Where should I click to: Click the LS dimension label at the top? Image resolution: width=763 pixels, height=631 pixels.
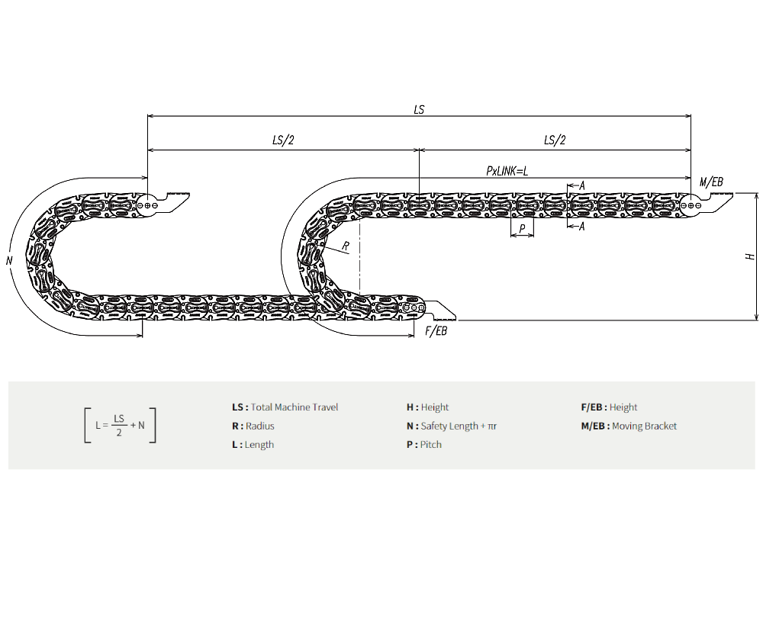(x=419, y=110)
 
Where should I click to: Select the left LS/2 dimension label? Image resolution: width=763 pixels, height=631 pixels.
(x=283, y=140)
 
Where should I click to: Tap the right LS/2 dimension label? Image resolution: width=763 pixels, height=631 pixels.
(x=555, y=140)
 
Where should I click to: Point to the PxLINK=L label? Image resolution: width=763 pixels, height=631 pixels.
(x=507, y=171)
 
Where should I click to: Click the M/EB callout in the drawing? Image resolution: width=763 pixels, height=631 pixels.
(x=711, y=182)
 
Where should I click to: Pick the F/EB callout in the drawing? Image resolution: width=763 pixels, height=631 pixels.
(x=436, y=331)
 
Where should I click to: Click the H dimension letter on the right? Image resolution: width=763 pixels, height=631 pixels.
(x=750, y=256)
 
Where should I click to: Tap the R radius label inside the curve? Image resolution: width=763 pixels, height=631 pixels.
(x=346, y=246)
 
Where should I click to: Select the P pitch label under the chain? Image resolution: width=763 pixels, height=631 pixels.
(x=522, y=229)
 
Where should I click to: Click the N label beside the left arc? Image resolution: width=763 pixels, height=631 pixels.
(x=9, y=261)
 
